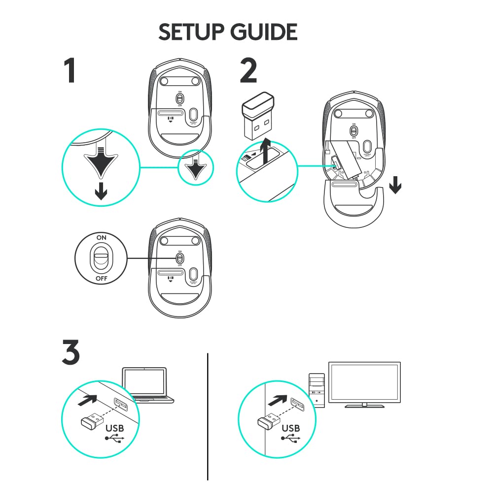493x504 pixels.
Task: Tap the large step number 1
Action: (70, 71)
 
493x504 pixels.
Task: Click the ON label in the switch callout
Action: (101, 237)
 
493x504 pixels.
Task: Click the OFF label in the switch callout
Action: (101, 279)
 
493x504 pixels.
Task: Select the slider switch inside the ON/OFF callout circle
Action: (102, 258)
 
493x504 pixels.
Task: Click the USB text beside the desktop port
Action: (290, 428)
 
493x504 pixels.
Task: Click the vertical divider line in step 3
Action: (208, 416)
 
